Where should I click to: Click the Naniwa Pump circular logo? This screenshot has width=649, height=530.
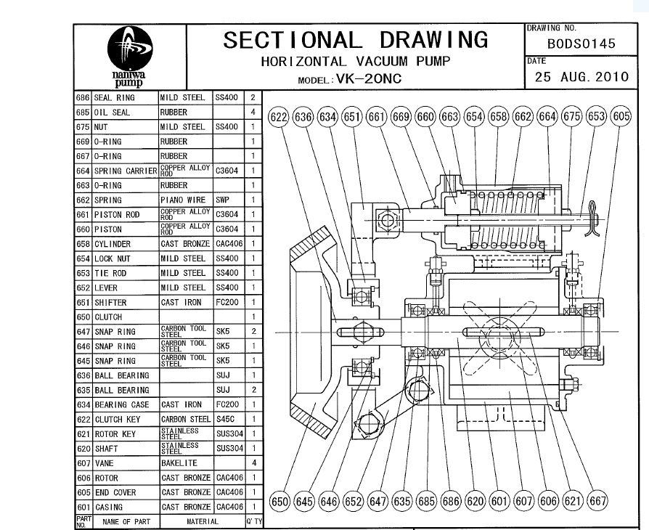point(130,48)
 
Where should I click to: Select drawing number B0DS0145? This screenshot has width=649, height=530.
point(581,44)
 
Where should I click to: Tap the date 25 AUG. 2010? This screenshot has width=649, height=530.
point(581,77)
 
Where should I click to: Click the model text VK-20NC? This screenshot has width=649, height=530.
point(370,78)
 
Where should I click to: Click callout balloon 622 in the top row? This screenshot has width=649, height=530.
point(279,117)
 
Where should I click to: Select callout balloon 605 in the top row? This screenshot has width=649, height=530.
point(621,116)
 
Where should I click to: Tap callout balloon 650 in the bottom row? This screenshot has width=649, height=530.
point(279,502)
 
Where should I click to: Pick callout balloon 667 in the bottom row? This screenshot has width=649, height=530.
point(597,501)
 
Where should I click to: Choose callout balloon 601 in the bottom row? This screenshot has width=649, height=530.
point(499,501)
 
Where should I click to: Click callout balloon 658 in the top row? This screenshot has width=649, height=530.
point(498,117)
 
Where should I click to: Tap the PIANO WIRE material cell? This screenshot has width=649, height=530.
point(183,200)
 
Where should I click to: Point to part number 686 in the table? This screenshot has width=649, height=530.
point(83,98)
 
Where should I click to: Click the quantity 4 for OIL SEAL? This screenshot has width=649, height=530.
point(253,113)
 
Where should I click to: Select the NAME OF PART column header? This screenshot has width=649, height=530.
point(126,522)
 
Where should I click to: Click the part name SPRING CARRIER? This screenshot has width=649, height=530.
point(126,171)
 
